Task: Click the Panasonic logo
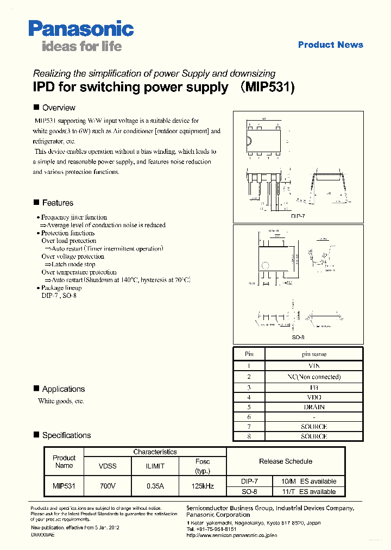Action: pyautogui.click(x=81, y=28)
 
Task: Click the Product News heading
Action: pyautogui.click(x=330, y=45)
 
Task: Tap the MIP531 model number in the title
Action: pyautogui.click(x=268, y=87)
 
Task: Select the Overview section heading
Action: pyautogui.click(x=59, y=108)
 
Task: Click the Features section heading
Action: pyautogui.click(x=58, y=203)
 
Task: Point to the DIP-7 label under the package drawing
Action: pyautogui.click(x=298, y=216)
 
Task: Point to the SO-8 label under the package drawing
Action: pyautogui.click(x=298, y=337)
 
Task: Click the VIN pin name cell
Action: pyautogui.click(x=314, y=366)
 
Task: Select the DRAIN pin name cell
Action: pyautogui.click(x=314, y=407)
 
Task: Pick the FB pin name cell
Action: pyautogui.click(x=314, y=387)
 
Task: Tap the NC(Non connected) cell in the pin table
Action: pyautogui.click(x=314, y=377)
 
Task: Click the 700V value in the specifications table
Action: pyautogui.click(x=107, y=486)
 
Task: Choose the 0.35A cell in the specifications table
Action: pyautogui.click(x=155, y=486)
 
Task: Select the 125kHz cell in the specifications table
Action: pyautogui.click(x=203, y=486)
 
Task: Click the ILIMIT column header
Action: pyautogui.click(x=155, y=466)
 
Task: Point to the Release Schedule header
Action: pyautogui.click(x=286, y=461)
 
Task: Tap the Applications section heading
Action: pyautogui.click(x=63, y=389)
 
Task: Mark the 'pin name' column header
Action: pyautogui.click(x=314, y=354)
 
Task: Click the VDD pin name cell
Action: pyautogui.click(x=314, y=397)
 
